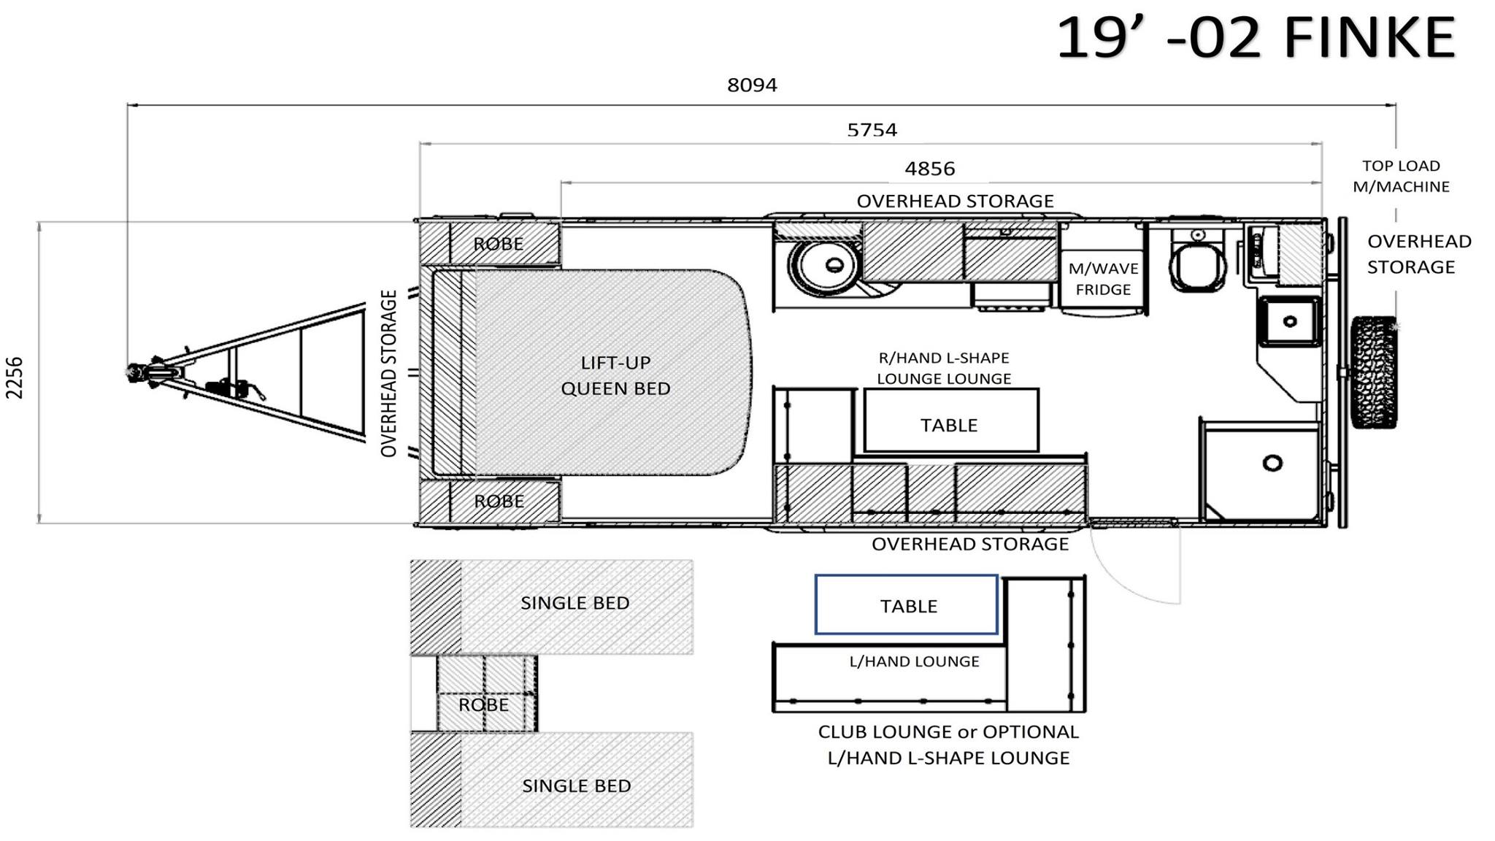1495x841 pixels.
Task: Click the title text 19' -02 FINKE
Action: click(1256, 38)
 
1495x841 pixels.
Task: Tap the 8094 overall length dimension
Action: click(752, 85)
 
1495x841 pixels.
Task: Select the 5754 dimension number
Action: click(872, 130)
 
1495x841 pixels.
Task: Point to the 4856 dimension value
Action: click(930, 169)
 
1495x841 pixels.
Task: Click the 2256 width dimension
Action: click(15, 377)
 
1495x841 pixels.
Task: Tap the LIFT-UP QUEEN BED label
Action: click(615, 375)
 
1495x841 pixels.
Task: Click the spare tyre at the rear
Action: click(1374, 372)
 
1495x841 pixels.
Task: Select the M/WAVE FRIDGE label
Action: click(1103, 279)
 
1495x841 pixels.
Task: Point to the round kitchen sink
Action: click(826, 265)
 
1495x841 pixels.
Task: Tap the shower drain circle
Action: click(1272, 463)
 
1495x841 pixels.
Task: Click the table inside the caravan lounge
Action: click(951, 420)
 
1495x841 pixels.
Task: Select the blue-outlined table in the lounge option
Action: click(906, 604)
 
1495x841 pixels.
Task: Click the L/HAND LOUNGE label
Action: click(914, 661)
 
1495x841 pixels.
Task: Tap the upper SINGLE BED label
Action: click(574, 603)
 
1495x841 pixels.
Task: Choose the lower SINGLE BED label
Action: click(576, 786)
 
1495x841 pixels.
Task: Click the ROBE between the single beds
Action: click(483, 704)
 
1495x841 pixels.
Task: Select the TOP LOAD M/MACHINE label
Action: click(1401, 176)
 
